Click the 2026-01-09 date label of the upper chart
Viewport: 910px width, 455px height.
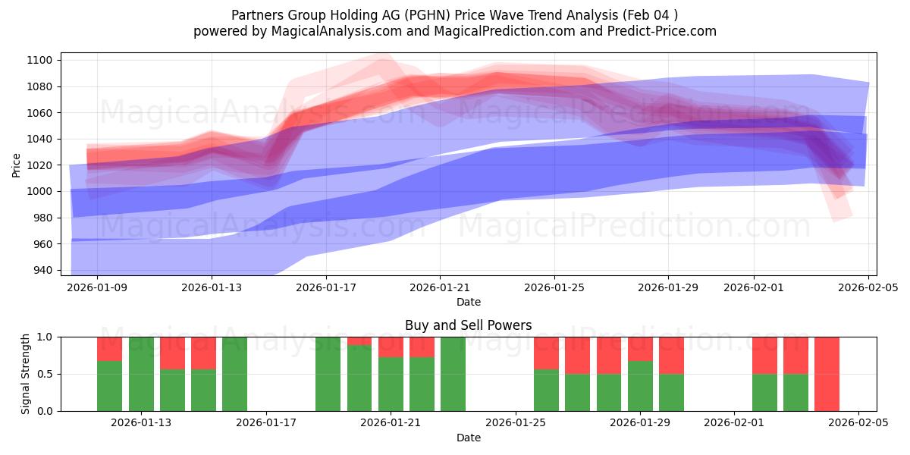point(98,287)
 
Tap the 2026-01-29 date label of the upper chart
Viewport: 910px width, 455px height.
point(668,287)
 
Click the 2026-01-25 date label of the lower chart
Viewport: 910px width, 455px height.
point(516,423)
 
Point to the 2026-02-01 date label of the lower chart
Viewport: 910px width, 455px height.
point(734,423)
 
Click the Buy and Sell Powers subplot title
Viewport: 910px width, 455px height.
point(468,325)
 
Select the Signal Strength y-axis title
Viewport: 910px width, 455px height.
point(26,374)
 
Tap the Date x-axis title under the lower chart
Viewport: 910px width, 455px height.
point(468,438)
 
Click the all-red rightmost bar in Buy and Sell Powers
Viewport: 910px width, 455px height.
point(827,374)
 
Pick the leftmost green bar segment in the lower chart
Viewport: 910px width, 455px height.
point(109,386)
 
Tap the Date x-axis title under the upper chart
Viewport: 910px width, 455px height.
point(468,302)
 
